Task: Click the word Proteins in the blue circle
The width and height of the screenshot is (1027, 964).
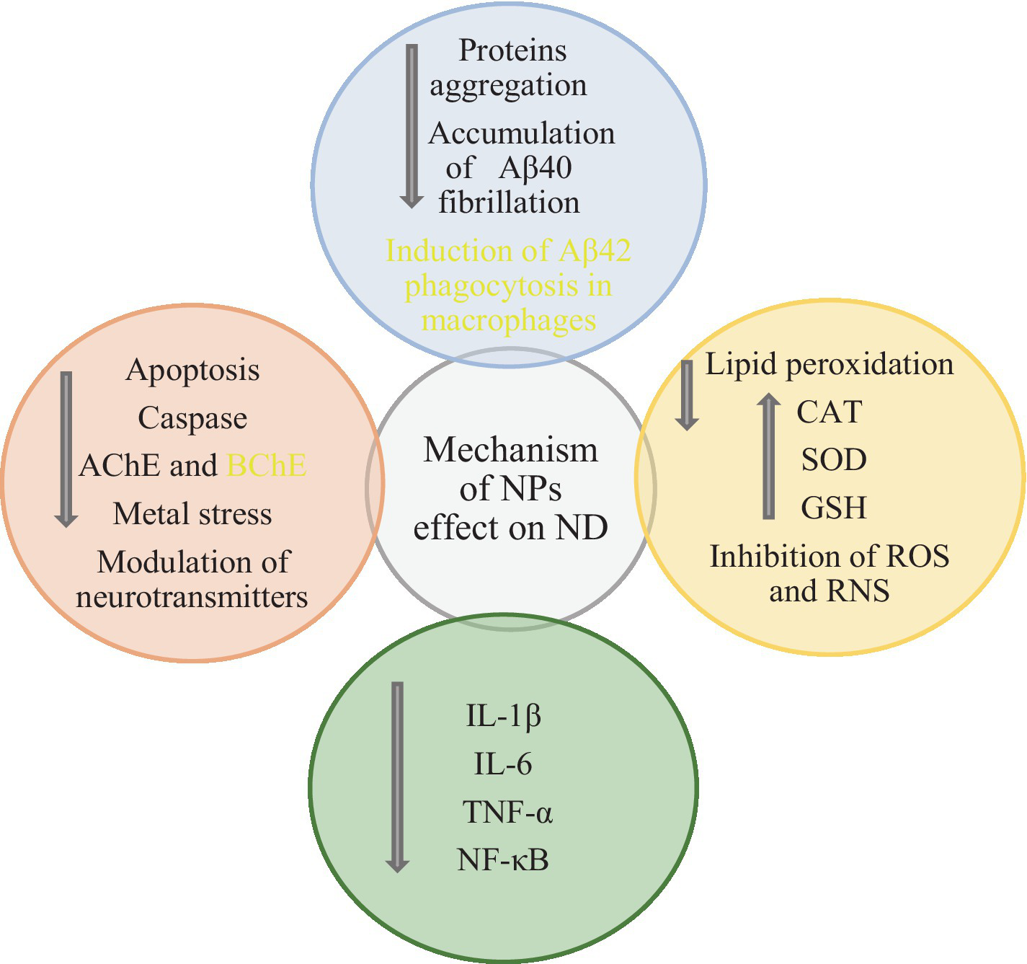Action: point(512,51)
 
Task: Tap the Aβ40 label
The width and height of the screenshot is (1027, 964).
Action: point(535,168)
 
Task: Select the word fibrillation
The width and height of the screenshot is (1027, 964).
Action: point(509,203)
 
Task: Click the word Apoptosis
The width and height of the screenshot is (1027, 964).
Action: point(192,371)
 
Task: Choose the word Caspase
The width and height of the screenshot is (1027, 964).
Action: point(192,418)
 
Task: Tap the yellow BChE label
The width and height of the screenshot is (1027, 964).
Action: point(267,466)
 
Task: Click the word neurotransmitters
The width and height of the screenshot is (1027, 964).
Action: point(192,597)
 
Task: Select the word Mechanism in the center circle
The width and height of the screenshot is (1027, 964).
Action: point(510,451)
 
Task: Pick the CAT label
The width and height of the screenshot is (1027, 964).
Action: point(829,412)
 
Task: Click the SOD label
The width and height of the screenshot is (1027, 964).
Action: point(833,460)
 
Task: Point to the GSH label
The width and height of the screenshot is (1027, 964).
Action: point(833,508)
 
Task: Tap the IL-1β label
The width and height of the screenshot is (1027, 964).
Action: point(503,717)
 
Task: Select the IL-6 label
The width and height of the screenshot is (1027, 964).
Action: point(502,764)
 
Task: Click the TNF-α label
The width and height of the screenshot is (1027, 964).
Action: point(507,813)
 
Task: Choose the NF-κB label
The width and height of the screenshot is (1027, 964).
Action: point(502,860)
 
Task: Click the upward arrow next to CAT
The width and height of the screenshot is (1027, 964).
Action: point(769,456)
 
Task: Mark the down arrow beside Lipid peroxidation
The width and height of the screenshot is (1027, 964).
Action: point(687,395)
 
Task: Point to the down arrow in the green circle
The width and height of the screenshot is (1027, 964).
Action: point(397,777)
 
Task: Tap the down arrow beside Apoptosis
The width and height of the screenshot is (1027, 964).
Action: point(66,449)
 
